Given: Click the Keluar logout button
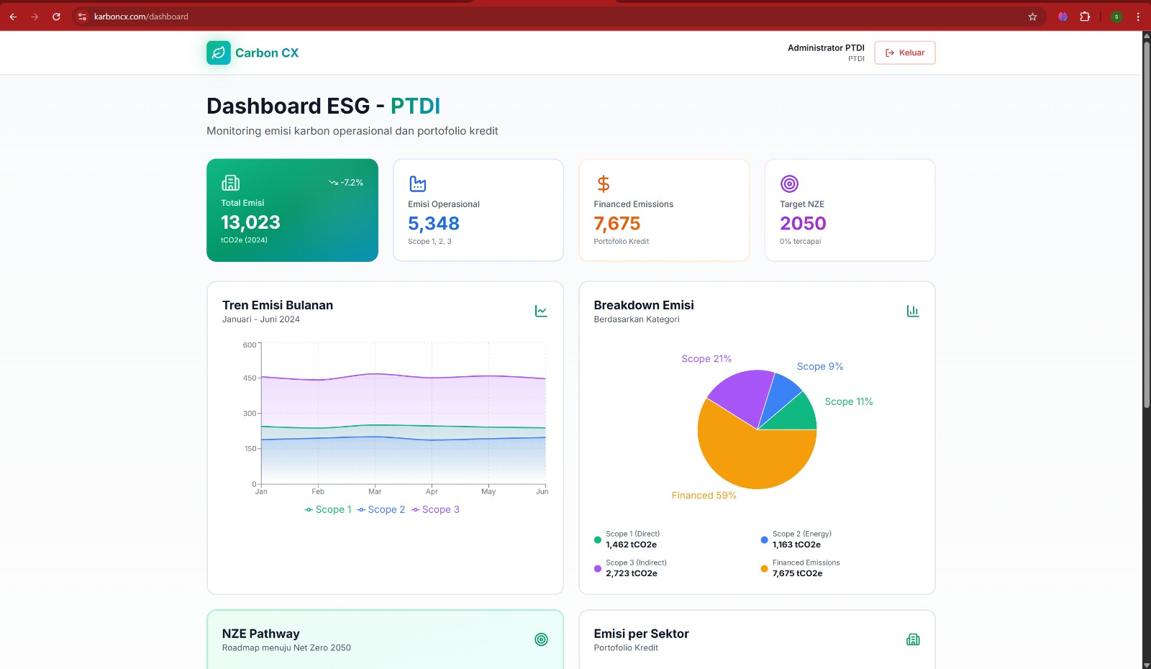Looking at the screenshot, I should click(x=905, y=53).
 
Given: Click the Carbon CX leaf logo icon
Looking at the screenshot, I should click(x=219, y=53).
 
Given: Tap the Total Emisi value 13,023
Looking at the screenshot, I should click(x=250, y=222).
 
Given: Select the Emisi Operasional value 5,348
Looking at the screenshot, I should click(x=433, y=224).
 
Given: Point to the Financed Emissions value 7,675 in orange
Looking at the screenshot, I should click(x=617, y=224).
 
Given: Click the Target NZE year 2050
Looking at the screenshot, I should click(x=803, y=224).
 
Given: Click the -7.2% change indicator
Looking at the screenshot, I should click(x=347, y=183).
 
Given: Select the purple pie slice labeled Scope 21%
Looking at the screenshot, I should click(x=741, y=396).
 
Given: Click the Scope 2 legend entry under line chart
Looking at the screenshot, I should click(x=381, y=509).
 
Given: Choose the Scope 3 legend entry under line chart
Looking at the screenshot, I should click(x=436, y=509).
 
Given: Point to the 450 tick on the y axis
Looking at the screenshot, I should click(x=249, y=378).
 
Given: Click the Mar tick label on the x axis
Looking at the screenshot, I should click(x=375, y=492).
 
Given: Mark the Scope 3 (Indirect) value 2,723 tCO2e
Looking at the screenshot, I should click(x=631, y=573).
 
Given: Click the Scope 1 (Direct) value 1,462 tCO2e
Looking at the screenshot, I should click(x=631, y=545).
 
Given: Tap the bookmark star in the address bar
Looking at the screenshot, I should click(x=1032, y=17).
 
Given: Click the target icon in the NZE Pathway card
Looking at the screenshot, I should click(x=541, y=640).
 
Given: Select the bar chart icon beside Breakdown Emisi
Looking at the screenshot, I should click(x=912, y=311).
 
